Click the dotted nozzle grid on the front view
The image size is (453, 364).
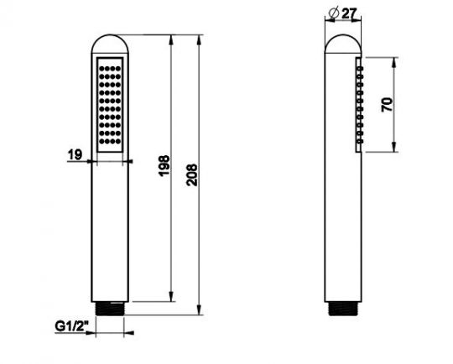111,105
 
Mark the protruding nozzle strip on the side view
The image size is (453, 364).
361,106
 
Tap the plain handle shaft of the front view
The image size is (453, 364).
111,226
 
